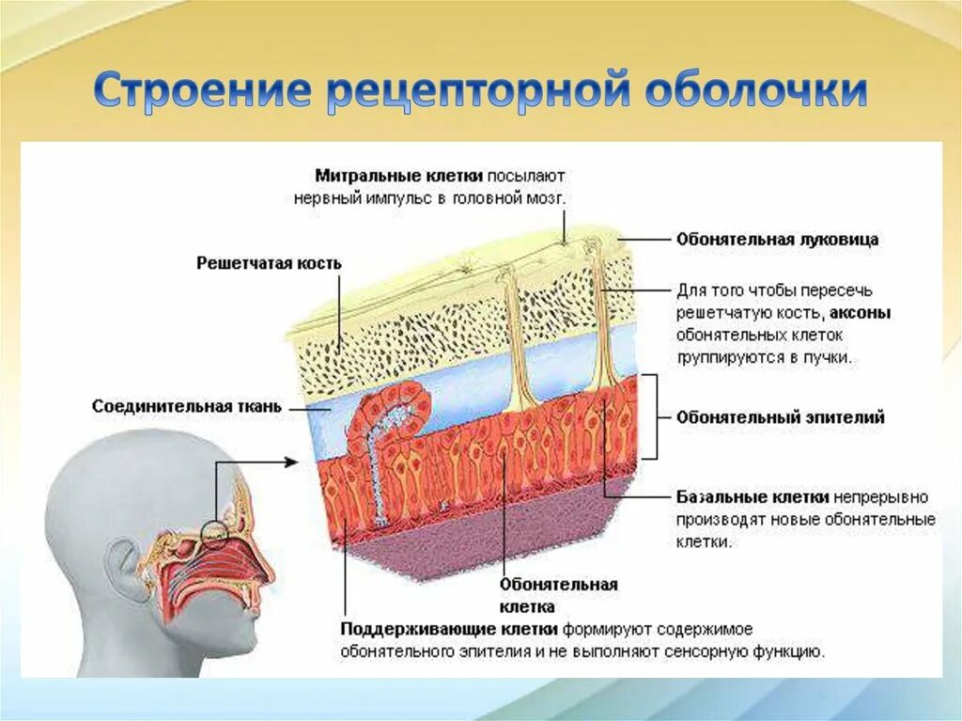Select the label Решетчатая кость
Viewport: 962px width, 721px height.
pyautogui.click(x=269, y=264)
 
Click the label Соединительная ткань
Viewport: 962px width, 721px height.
pyautogui.click(x=186, y=407)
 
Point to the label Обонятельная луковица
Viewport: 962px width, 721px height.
pyautogui.click(x=777, y=240)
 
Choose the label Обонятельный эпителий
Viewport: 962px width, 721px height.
pyautogui.click(x=780, y=417)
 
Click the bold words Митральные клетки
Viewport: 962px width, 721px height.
pyautogui.click(x=399, y=175)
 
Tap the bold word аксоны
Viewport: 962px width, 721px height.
pyautogui.click(x=861, y=313)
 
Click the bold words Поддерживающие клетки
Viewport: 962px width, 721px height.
pyautogui.click(x=450, y=629)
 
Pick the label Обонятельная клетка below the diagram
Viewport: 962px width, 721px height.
pyautogui.click(x=559, y=595)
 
